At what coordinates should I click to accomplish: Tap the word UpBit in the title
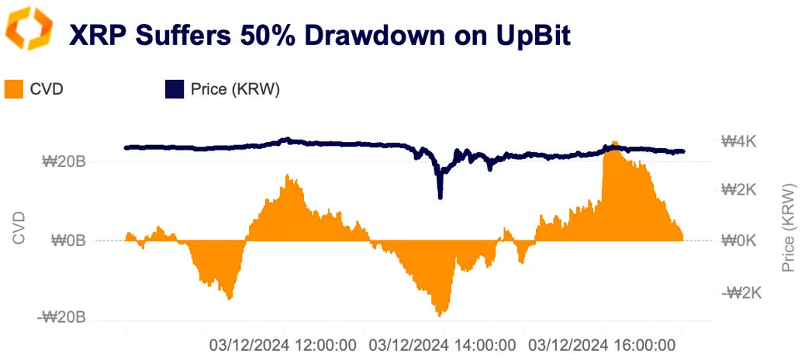[527, 36]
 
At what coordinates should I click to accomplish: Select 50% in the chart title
[248, 36]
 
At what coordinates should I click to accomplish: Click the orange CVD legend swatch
[14, 89]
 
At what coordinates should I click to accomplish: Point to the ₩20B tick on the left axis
[64, 162]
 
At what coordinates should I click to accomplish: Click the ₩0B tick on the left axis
[68, 241]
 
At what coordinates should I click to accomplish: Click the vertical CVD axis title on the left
[20, 228]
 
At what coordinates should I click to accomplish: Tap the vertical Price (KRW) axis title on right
[789, 228]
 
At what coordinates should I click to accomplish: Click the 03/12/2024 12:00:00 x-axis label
[284, 343]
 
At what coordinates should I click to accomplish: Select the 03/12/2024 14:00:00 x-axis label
[443, 343]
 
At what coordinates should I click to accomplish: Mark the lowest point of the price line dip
[441, 197]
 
